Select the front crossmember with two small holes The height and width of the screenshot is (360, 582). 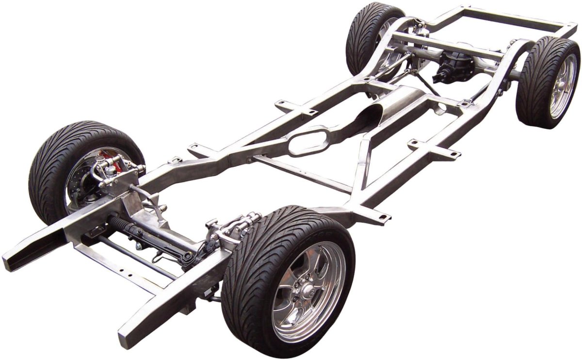[x=116, y=267]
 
